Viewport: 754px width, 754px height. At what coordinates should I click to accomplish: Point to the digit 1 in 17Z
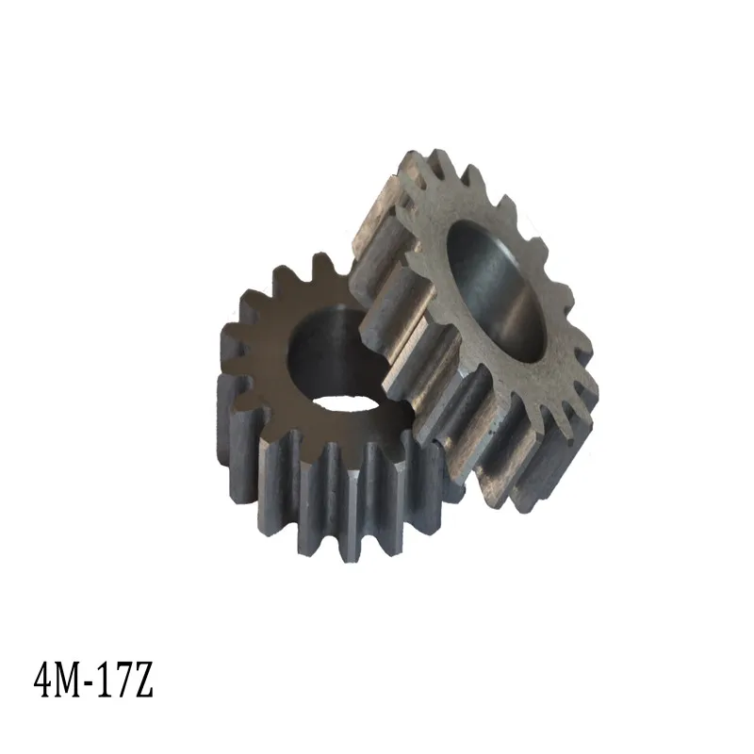coord(106,680)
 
